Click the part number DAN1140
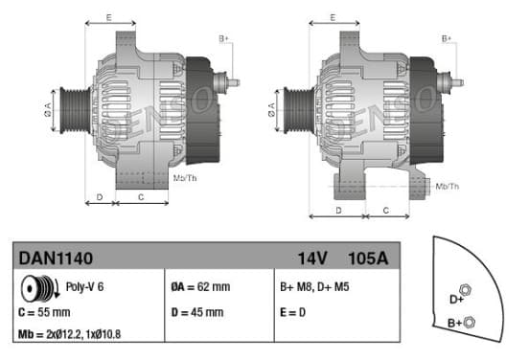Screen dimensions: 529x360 (56, 259)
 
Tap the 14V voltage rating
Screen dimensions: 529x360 (312, 259)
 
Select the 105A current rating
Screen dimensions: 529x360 (368, 259)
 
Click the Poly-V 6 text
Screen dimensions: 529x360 (84, 287)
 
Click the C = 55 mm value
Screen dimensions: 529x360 (44, 312)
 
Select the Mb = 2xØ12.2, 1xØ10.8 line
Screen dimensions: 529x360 (70, 334)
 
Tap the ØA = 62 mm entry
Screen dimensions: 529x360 (200, 287)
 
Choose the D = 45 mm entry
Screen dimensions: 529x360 (197, 312)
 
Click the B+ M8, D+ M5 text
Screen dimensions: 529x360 (314, 287)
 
